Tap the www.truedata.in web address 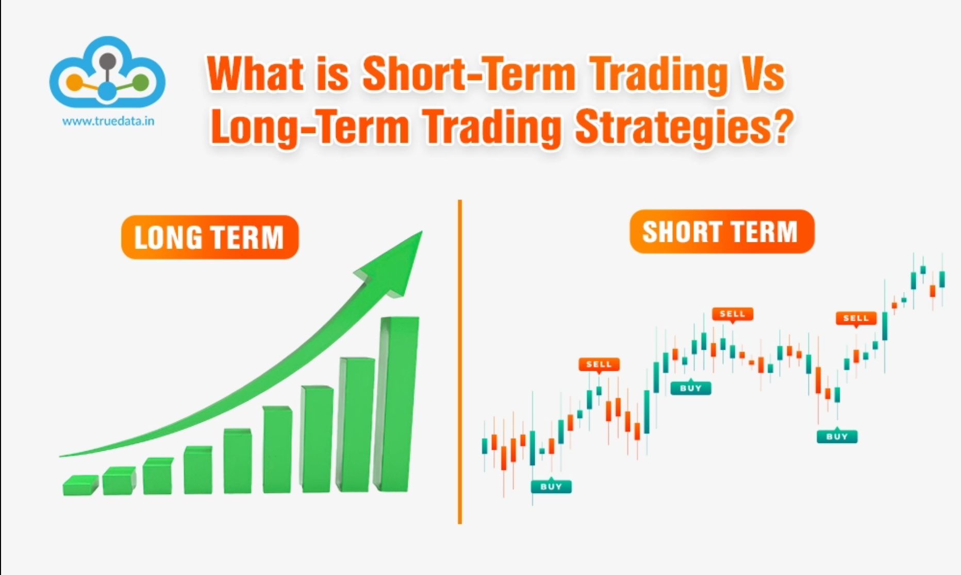tap(108, 122)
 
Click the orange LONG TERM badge tap(210, 237)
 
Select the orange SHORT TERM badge tap(722, 232)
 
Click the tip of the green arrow tap(422, 232)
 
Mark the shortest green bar tap(80, 485)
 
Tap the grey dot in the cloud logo tap(107, 61)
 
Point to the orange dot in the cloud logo tap(74, 83)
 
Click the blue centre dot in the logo tap(107, 91)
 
